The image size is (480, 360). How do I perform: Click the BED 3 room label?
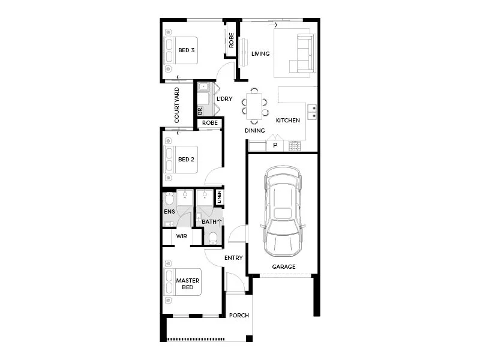(x=186, y=50)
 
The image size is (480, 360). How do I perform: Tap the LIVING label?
(x=260, y=54)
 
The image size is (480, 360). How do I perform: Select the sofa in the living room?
(x=304, y=53)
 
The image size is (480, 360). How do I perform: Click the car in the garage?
(x=283, y=210)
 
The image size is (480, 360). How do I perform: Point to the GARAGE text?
(x=283, y=266)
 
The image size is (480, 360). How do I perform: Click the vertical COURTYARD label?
(x=177, y=105)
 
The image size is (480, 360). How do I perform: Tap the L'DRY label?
(x=224, y=99)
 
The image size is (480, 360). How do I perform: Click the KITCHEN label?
(x=287, y=121)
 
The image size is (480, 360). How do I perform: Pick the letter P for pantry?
(x=275, y=145)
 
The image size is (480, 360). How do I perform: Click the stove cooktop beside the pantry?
(x=295, y=146)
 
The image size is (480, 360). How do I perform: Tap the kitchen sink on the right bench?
(x=312, y=111)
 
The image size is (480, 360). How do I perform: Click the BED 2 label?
(x=186, y=160)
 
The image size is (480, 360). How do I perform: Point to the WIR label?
(x=181, y=236)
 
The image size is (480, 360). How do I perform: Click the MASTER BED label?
(x=187, y=284)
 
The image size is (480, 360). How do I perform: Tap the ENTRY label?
(x=233, y=258)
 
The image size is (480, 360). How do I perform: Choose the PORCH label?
(x=238, y=316)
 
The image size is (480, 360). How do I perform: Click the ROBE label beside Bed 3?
(x=232, y=40)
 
